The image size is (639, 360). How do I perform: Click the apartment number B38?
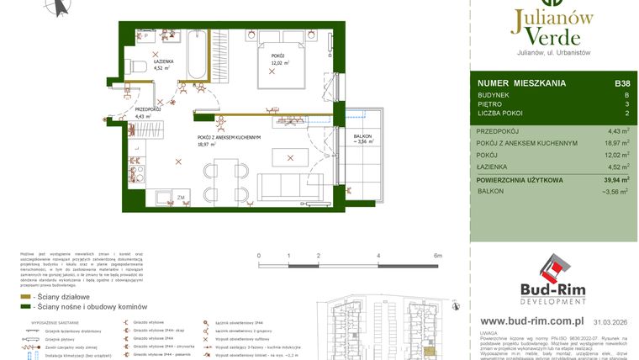pyautogui.click(x=622, y=83)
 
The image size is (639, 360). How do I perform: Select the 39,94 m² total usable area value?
pyautogui.click(x=612, y=179)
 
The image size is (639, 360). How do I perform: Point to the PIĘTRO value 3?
pyautogui.click(x=626, y=103)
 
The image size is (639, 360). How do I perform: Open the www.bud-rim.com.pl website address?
pyautogui.click(x=532, y=320)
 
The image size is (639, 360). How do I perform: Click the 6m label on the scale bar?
pyautogui.click(x=438, y=255)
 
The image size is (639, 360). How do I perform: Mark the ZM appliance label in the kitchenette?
pyautogui.click(x=181, y=198)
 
